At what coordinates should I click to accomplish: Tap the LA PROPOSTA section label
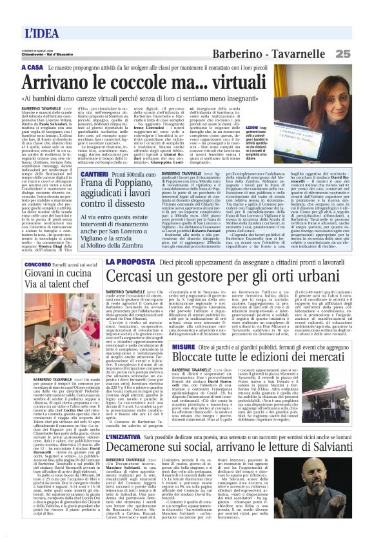pos(128,262)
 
